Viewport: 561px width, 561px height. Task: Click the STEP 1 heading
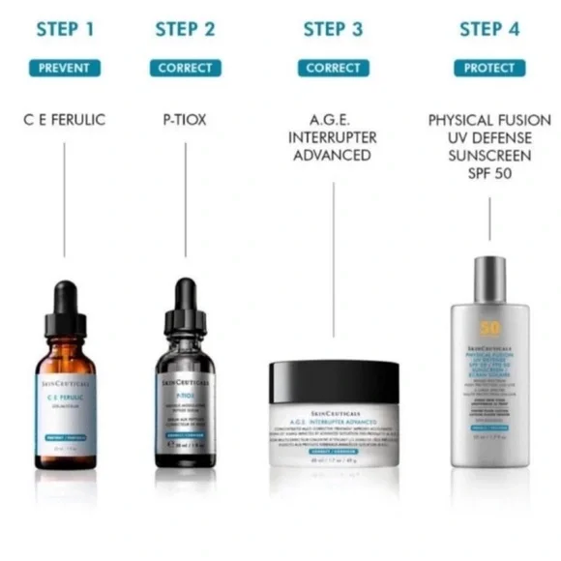pos(65,29)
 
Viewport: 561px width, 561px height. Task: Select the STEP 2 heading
pos(185,29)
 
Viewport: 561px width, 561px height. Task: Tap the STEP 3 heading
pos(333,29)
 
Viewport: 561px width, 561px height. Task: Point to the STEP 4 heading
pos(489,29)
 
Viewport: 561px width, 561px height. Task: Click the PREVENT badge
pos(65,68)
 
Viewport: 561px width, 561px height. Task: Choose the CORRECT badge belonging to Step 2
pos(185,68)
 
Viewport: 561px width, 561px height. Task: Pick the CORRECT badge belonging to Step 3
pos(333,68)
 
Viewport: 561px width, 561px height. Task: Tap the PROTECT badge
pos(489,68)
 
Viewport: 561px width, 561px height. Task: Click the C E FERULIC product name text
pos(65,121)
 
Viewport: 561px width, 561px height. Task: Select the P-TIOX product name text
pos(185,121)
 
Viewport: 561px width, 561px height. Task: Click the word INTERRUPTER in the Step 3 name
pos(333,137)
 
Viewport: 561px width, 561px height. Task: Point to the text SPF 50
pos(489,174)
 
